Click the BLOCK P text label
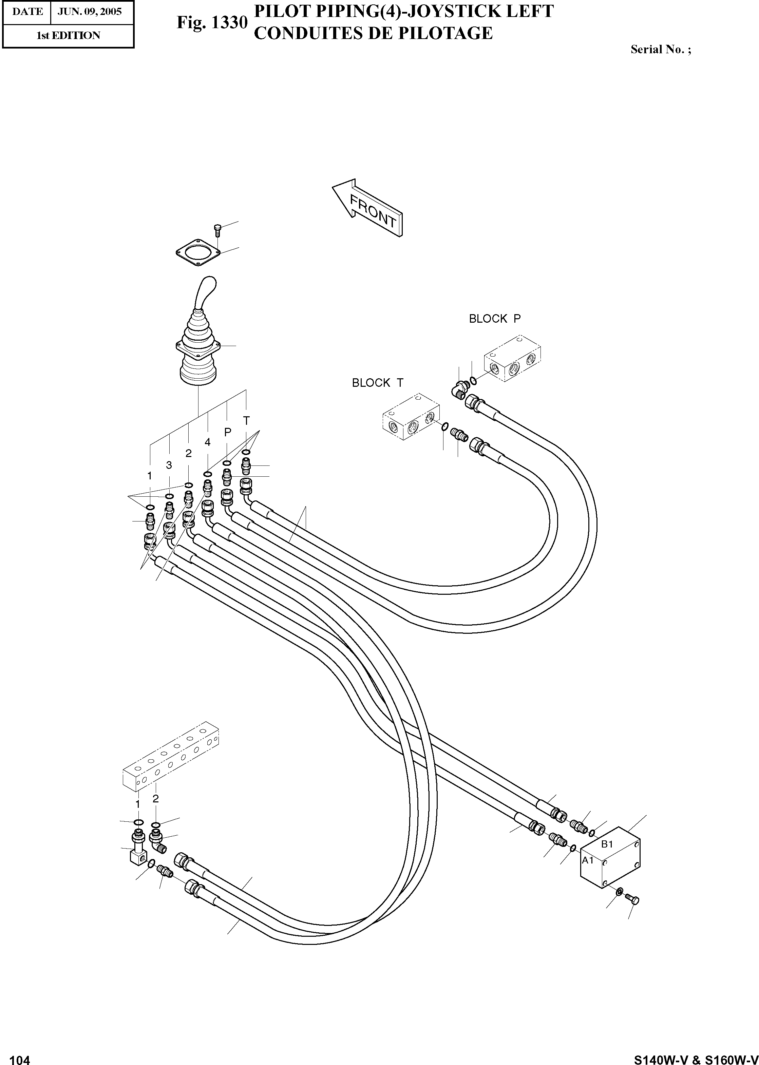click(494, 319)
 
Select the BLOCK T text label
click(377, 383)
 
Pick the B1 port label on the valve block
click(607, 844)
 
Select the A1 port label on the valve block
click(587, 860)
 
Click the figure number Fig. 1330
click(212, 22)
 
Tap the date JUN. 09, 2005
click(89, 12)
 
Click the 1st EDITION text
click(68, 36)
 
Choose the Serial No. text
click(660, 49)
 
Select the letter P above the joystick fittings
click(228, 432)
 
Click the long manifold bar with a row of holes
click(171, 760)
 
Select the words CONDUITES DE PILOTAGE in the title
click(373, 33)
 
